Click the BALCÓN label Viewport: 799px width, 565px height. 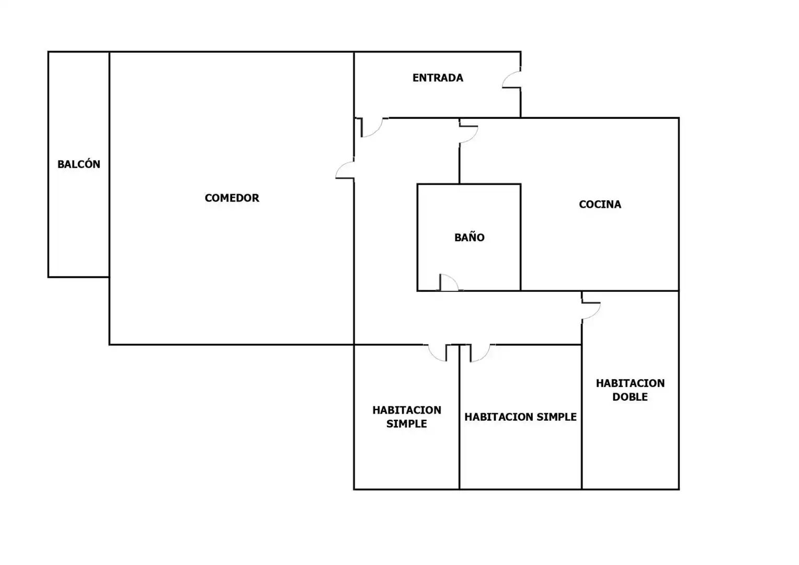[x=79, y=164]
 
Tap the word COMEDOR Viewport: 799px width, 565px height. [x=232, y=198]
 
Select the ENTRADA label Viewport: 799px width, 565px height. [x=438, y=78]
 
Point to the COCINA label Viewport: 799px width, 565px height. [x=600, y=204]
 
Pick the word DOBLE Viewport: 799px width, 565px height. [x=630, y=397]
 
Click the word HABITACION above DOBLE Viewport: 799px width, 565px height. [x=630, y=383]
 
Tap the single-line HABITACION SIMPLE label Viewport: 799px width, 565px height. [x=520, y=417]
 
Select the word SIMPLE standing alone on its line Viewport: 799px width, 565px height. [x=407, y=424]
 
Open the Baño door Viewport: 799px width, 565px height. [x=449, y=282]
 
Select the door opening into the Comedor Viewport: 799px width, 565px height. [x=345, y=170]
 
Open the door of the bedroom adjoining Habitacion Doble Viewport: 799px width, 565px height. [x=480, y=353]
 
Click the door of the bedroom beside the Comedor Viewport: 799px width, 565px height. [x=437, y=353]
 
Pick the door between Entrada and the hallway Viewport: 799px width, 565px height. [x=372, y=128]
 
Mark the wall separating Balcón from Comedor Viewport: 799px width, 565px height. [x=109, y=164]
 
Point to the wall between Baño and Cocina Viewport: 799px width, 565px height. [x=520, y=238]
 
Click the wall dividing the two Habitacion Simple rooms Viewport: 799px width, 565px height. [x=460, y=417]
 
